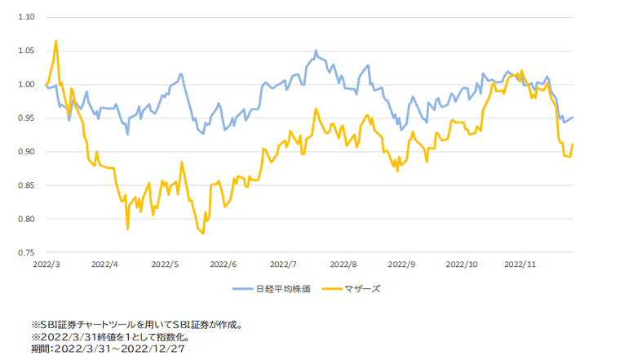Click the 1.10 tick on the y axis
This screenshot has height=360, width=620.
click(27, 16)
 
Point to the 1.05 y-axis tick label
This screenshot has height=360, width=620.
click(27, 51)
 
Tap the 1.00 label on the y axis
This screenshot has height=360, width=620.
click(27, 84)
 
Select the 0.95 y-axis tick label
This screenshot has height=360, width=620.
click(27, 118)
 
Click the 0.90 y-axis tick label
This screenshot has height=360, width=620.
click(27, 152)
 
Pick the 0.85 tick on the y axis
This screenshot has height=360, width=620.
click(27, 186)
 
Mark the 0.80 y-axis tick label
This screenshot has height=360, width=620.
click(27, 220)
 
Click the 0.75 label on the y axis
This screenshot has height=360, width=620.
click(27, 253)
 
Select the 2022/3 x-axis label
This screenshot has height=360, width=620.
click(46, 264)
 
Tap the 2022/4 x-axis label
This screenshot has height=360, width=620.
click(104, 264)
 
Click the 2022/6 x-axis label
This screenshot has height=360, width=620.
click(223, 264)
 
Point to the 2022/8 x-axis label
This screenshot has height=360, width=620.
click(341, 264)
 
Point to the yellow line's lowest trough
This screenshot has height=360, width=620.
click(203, 233)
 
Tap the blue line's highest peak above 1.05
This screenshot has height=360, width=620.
click(316, 51)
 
